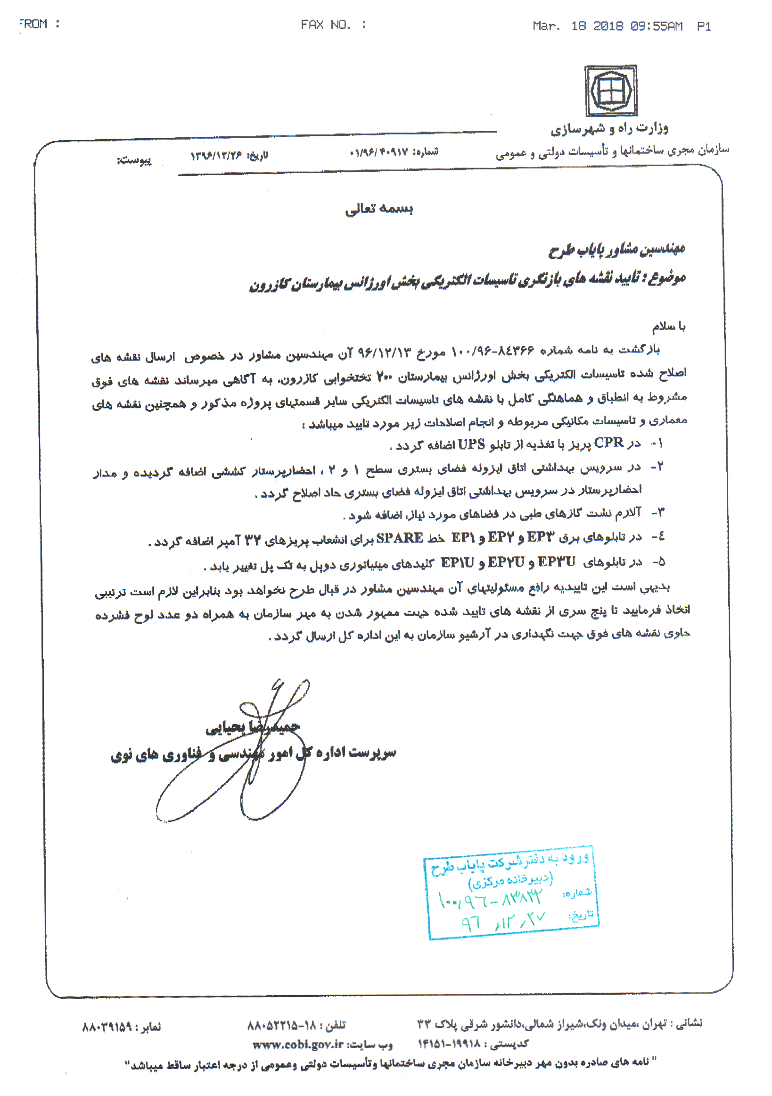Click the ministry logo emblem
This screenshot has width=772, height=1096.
(611, 91)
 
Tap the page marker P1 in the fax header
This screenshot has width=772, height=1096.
(704, 26)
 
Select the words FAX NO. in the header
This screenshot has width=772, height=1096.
(326, 25)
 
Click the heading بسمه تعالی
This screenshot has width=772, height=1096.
(379, 209)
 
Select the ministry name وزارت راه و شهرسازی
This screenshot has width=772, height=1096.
(610, 128)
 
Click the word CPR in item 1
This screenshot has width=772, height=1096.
(609, 443)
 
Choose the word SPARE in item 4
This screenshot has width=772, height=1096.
(400, 538)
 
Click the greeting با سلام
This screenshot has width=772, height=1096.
(669, 326)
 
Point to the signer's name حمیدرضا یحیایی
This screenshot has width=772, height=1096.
(253, 728)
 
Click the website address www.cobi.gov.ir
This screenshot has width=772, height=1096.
(298, 1045)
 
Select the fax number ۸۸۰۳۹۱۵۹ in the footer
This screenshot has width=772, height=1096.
(107, 1025)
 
